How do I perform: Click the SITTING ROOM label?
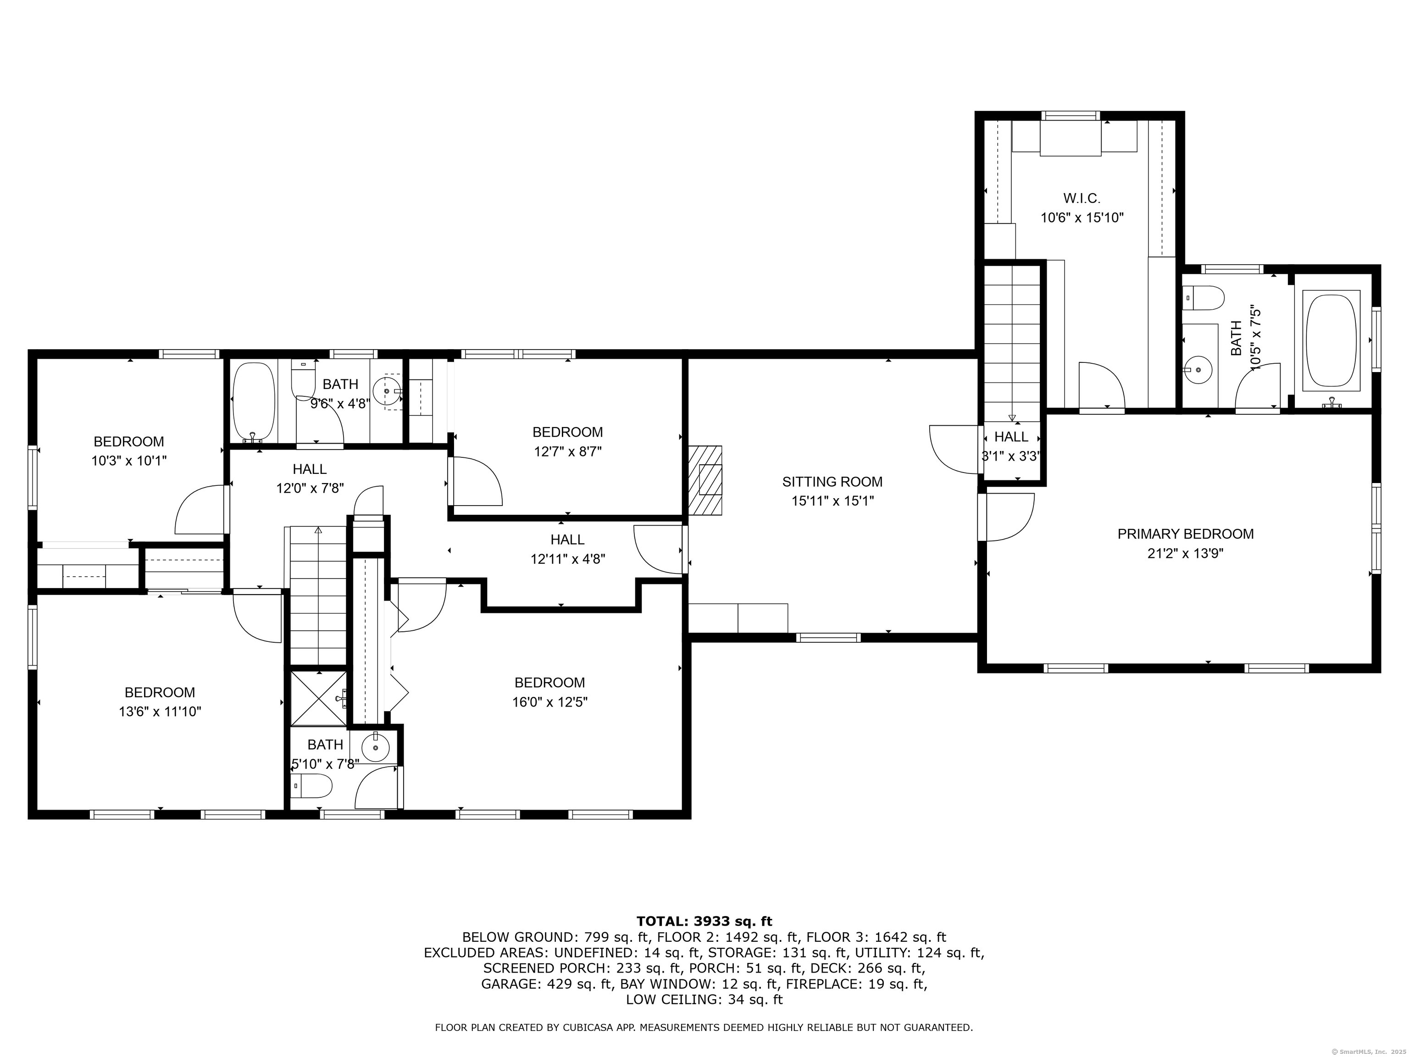click(x=832, y=482)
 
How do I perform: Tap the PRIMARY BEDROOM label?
click(x=1186, y=534)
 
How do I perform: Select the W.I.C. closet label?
click(x=1082, y=198)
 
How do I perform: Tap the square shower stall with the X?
click(x=318, y=698)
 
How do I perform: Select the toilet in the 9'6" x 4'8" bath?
click(x=303, y=378)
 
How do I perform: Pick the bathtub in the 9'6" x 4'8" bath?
click(x=254, y=402)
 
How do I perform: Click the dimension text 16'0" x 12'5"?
click(x=550, y=702)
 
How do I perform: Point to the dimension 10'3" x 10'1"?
click(x=129, y=461)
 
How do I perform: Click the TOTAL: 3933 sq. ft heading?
click(x=704, y=921)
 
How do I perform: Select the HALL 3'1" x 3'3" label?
click(x=1011, y=446)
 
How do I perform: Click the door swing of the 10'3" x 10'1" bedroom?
click(x=200, y=510)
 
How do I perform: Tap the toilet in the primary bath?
click(x=1203, y=298)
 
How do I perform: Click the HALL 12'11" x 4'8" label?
click(x=567, y=549)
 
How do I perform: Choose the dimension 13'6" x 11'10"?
click(x=160, y=712)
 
